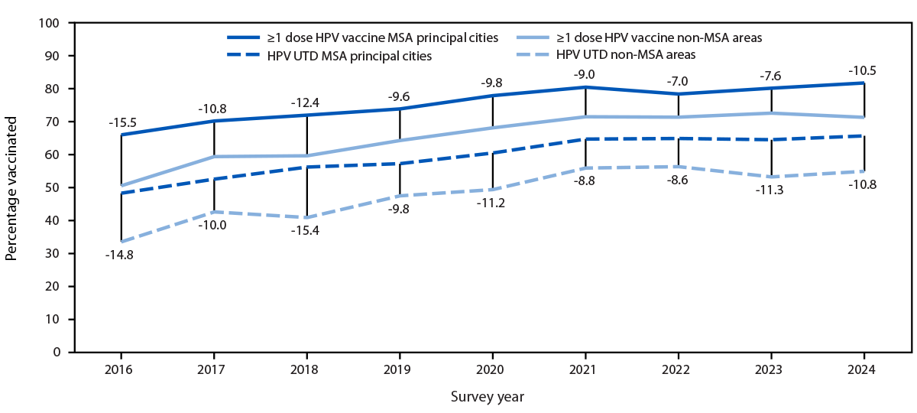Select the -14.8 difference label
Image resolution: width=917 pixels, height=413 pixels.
120,255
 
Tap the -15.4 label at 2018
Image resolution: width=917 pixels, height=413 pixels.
306,230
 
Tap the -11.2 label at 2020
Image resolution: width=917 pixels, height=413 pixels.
492,203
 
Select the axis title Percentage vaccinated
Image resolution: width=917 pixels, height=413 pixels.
11,188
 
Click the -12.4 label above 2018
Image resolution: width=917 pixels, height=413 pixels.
306,102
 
